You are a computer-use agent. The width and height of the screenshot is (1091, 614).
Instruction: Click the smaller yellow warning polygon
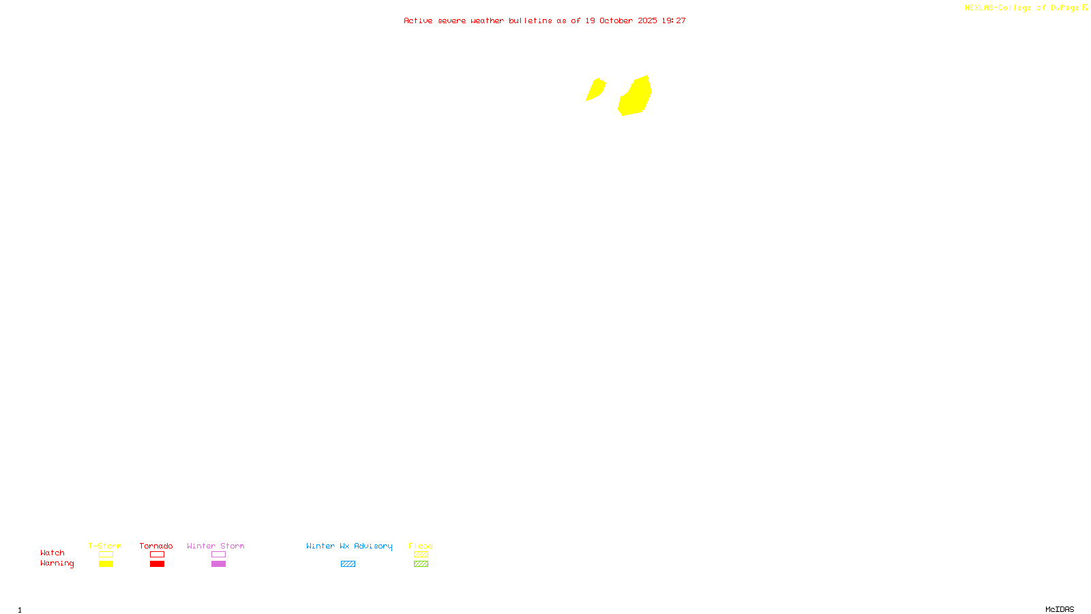coord(595,89)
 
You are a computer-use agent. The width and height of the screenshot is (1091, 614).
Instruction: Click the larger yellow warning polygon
coord(636,97)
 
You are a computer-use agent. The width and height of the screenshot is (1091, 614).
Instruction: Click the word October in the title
coord(616,20)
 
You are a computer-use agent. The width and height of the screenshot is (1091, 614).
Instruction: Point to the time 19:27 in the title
coord(674,20)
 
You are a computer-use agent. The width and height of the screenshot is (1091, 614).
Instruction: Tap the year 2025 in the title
coord(647,20)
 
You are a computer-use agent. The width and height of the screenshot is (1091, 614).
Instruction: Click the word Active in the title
coord(417,20)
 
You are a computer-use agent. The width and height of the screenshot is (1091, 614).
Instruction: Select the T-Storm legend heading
coord(105,546)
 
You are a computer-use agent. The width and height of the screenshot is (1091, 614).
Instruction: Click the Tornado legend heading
coord(156,546)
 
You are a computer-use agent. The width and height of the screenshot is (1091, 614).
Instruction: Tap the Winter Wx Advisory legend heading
coord(349,546)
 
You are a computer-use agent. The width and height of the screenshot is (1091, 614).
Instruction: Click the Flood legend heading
coord(421,546)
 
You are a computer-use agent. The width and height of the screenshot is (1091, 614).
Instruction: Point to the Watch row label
coord(53,553)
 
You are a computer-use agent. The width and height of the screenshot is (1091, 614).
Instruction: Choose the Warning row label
coord(57,564)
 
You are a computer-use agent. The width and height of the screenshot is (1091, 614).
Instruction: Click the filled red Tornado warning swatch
coord(158,564)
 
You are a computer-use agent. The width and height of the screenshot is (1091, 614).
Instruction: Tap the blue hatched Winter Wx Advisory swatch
coord(348,564)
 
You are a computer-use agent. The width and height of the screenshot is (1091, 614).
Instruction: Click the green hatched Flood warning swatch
coord(421,564)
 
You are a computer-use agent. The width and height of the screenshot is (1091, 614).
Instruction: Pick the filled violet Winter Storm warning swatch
coord(218,564)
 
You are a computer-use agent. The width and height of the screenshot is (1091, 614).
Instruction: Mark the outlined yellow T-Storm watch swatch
coord(106,555)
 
